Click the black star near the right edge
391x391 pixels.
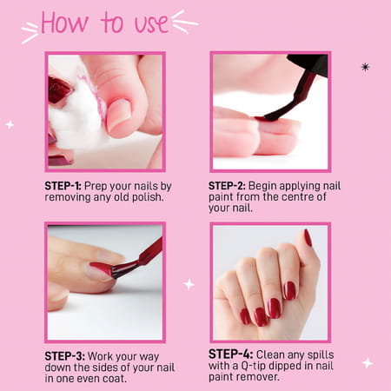[365, 66]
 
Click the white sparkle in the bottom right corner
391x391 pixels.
[368, 362]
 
